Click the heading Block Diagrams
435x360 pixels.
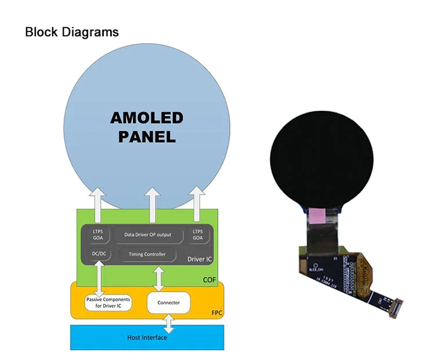click(x=72, y=32)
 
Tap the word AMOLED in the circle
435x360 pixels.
click(x=147, y=118)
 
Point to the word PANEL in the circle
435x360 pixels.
click(x=147, y=137)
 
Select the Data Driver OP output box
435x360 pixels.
click(x=148, y=235)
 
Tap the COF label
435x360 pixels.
click(x=209, y=280)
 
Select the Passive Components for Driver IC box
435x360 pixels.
click(x=108, y=302)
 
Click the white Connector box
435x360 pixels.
click(x=168, y=302)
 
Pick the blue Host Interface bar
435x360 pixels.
click(x=147, y=337)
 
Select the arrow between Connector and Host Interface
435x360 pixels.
click(x=168, y=323)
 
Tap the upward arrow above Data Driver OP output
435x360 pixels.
click(x=153, y=205)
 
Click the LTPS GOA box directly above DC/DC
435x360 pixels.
click(x=98, y=235)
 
